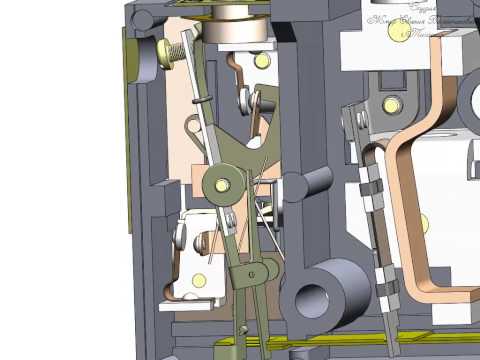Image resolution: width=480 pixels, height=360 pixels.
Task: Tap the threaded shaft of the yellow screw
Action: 188,45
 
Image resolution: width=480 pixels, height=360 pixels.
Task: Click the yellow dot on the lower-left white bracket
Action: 200,279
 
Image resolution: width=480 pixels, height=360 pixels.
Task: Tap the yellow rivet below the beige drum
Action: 262,61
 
